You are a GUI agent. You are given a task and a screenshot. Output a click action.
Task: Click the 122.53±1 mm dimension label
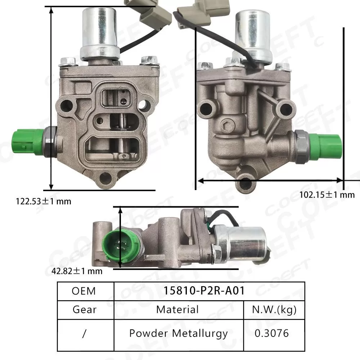(43, 201)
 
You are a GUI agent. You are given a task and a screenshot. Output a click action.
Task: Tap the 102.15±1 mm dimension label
(327, 195)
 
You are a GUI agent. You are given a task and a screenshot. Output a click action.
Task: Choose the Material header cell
(177, 309)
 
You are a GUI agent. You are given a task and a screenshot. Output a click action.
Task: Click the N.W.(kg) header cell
(274, 309)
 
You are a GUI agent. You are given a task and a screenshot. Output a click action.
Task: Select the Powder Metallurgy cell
(178, 333)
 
